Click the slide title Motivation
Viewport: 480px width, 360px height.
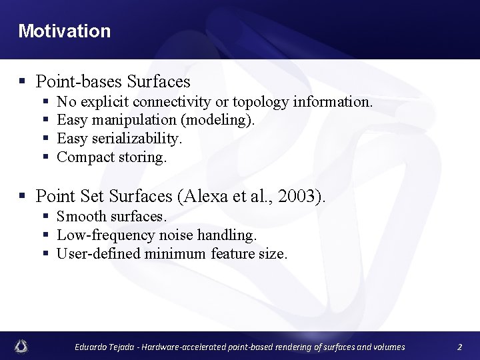(65, 31)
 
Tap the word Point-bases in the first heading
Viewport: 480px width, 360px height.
(79, 82)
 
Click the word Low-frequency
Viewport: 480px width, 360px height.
(105, 235)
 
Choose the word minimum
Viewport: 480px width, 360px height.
(175, 253)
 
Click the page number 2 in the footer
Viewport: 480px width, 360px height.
(459, 347)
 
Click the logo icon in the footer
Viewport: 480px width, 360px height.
(21, 346)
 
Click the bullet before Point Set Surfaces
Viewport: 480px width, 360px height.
(22, 197)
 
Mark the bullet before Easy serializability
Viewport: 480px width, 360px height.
(46, 139)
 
